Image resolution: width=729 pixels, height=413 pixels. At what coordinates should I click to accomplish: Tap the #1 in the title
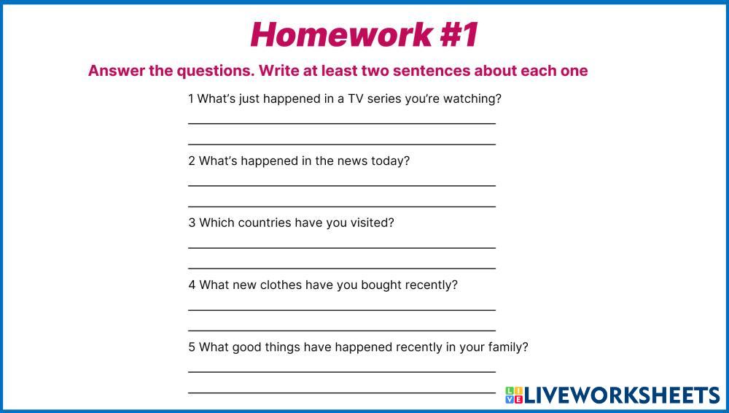[x=459, y=34]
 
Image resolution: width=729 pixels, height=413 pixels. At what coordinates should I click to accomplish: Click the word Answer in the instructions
[x=117, y=71]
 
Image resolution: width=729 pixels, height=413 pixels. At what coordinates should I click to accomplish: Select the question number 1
[x=190, y=99]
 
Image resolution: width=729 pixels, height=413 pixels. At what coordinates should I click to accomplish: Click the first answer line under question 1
[x=342, y=124]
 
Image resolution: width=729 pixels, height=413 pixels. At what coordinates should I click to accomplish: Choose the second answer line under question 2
[x=342, y=206]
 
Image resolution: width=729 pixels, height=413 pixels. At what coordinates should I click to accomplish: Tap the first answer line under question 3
[x=342, y=247]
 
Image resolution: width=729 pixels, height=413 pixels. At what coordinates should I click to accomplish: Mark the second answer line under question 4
[x=342, y=330]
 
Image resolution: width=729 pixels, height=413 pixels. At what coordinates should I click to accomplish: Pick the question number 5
[x=192, y=347]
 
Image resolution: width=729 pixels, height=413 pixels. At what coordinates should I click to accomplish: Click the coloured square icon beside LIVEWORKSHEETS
[x=514, y=395]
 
